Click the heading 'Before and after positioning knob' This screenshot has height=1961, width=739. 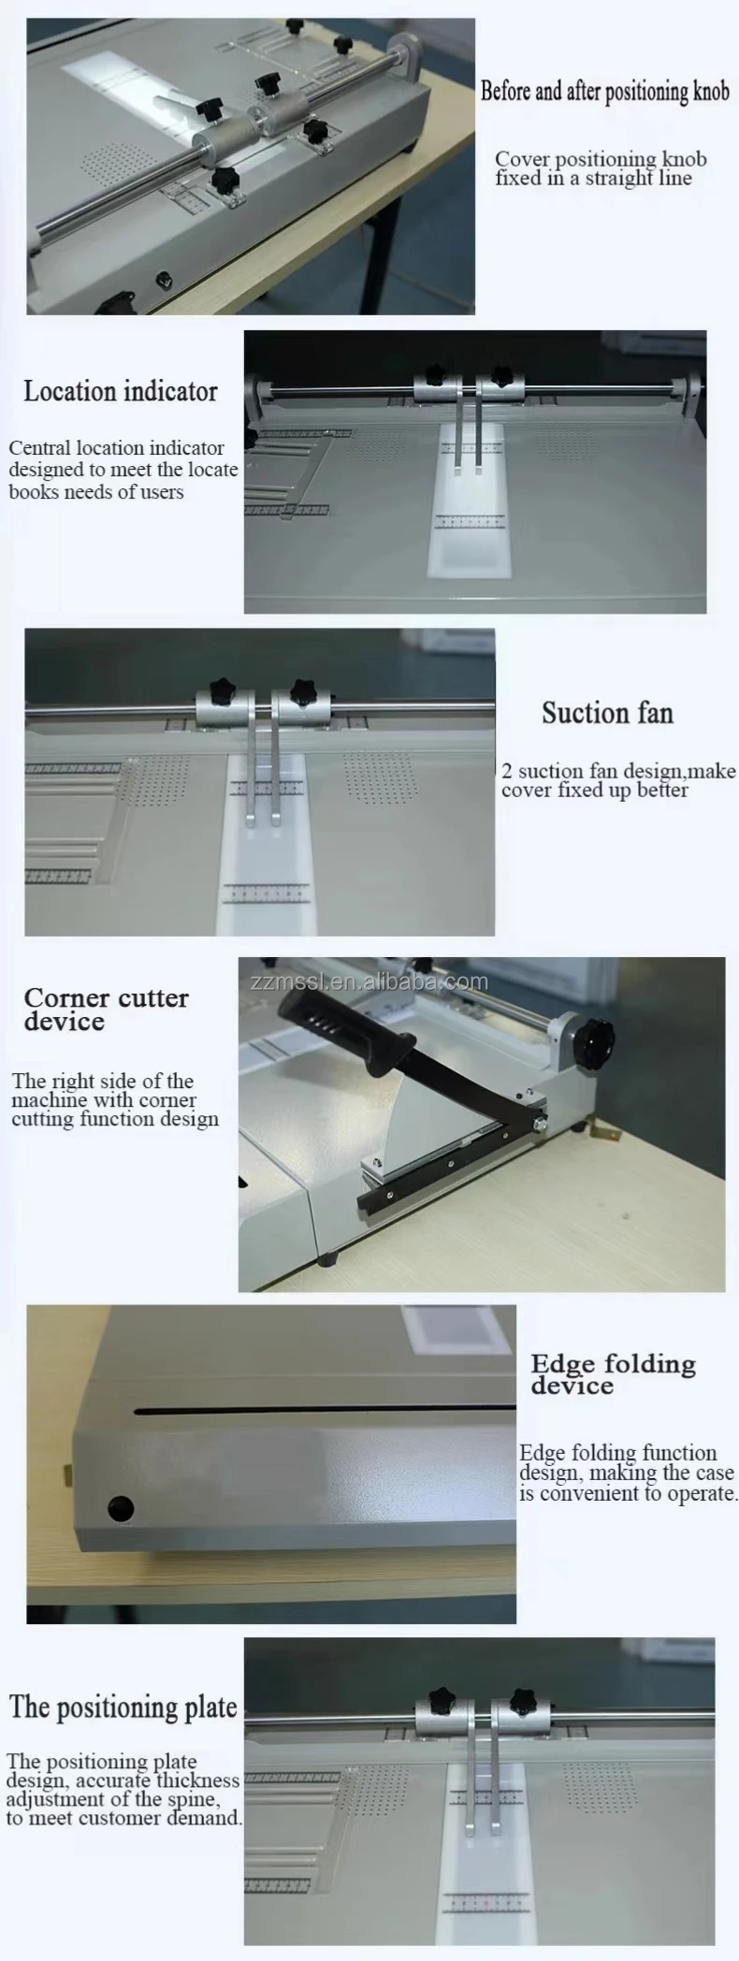604,92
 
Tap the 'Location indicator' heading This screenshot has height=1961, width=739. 121,391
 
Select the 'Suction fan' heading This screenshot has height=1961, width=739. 607,713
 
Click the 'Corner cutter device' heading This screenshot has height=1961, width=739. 106,1010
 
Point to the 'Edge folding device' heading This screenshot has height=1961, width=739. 613,1374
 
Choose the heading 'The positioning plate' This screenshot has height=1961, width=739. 123,1707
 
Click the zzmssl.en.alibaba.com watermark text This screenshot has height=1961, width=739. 369,981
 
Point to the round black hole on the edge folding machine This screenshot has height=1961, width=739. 121,1508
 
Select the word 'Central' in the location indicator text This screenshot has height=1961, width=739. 39,448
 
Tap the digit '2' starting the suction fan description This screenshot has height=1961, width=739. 507,771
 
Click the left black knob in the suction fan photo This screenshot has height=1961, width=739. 224,691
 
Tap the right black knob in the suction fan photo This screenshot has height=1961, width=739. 301,691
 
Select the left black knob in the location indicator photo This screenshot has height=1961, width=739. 436,375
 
